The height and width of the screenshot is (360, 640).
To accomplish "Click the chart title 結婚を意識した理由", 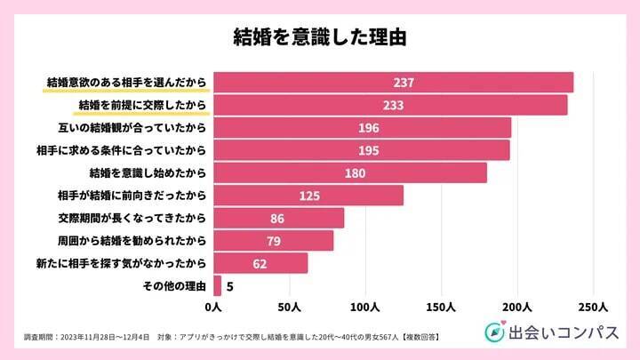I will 319,37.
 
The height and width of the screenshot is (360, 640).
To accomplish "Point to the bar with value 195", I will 361,150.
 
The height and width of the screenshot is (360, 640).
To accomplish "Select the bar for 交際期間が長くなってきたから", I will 277,218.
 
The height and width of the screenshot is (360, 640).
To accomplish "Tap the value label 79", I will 274,241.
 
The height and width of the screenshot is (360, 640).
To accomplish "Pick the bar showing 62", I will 260,263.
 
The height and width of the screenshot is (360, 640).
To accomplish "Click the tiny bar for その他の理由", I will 217,285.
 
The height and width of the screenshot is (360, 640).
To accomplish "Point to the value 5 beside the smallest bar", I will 230,286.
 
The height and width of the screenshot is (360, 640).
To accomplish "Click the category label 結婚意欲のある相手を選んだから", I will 127,83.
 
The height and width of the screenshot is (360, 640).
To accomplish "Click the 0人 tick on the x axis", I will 213,307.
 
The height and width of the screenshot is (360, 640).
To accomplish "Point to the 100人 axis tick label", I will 365,307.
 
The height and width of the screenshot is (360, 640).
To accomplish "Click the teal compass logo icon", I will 494,332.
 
